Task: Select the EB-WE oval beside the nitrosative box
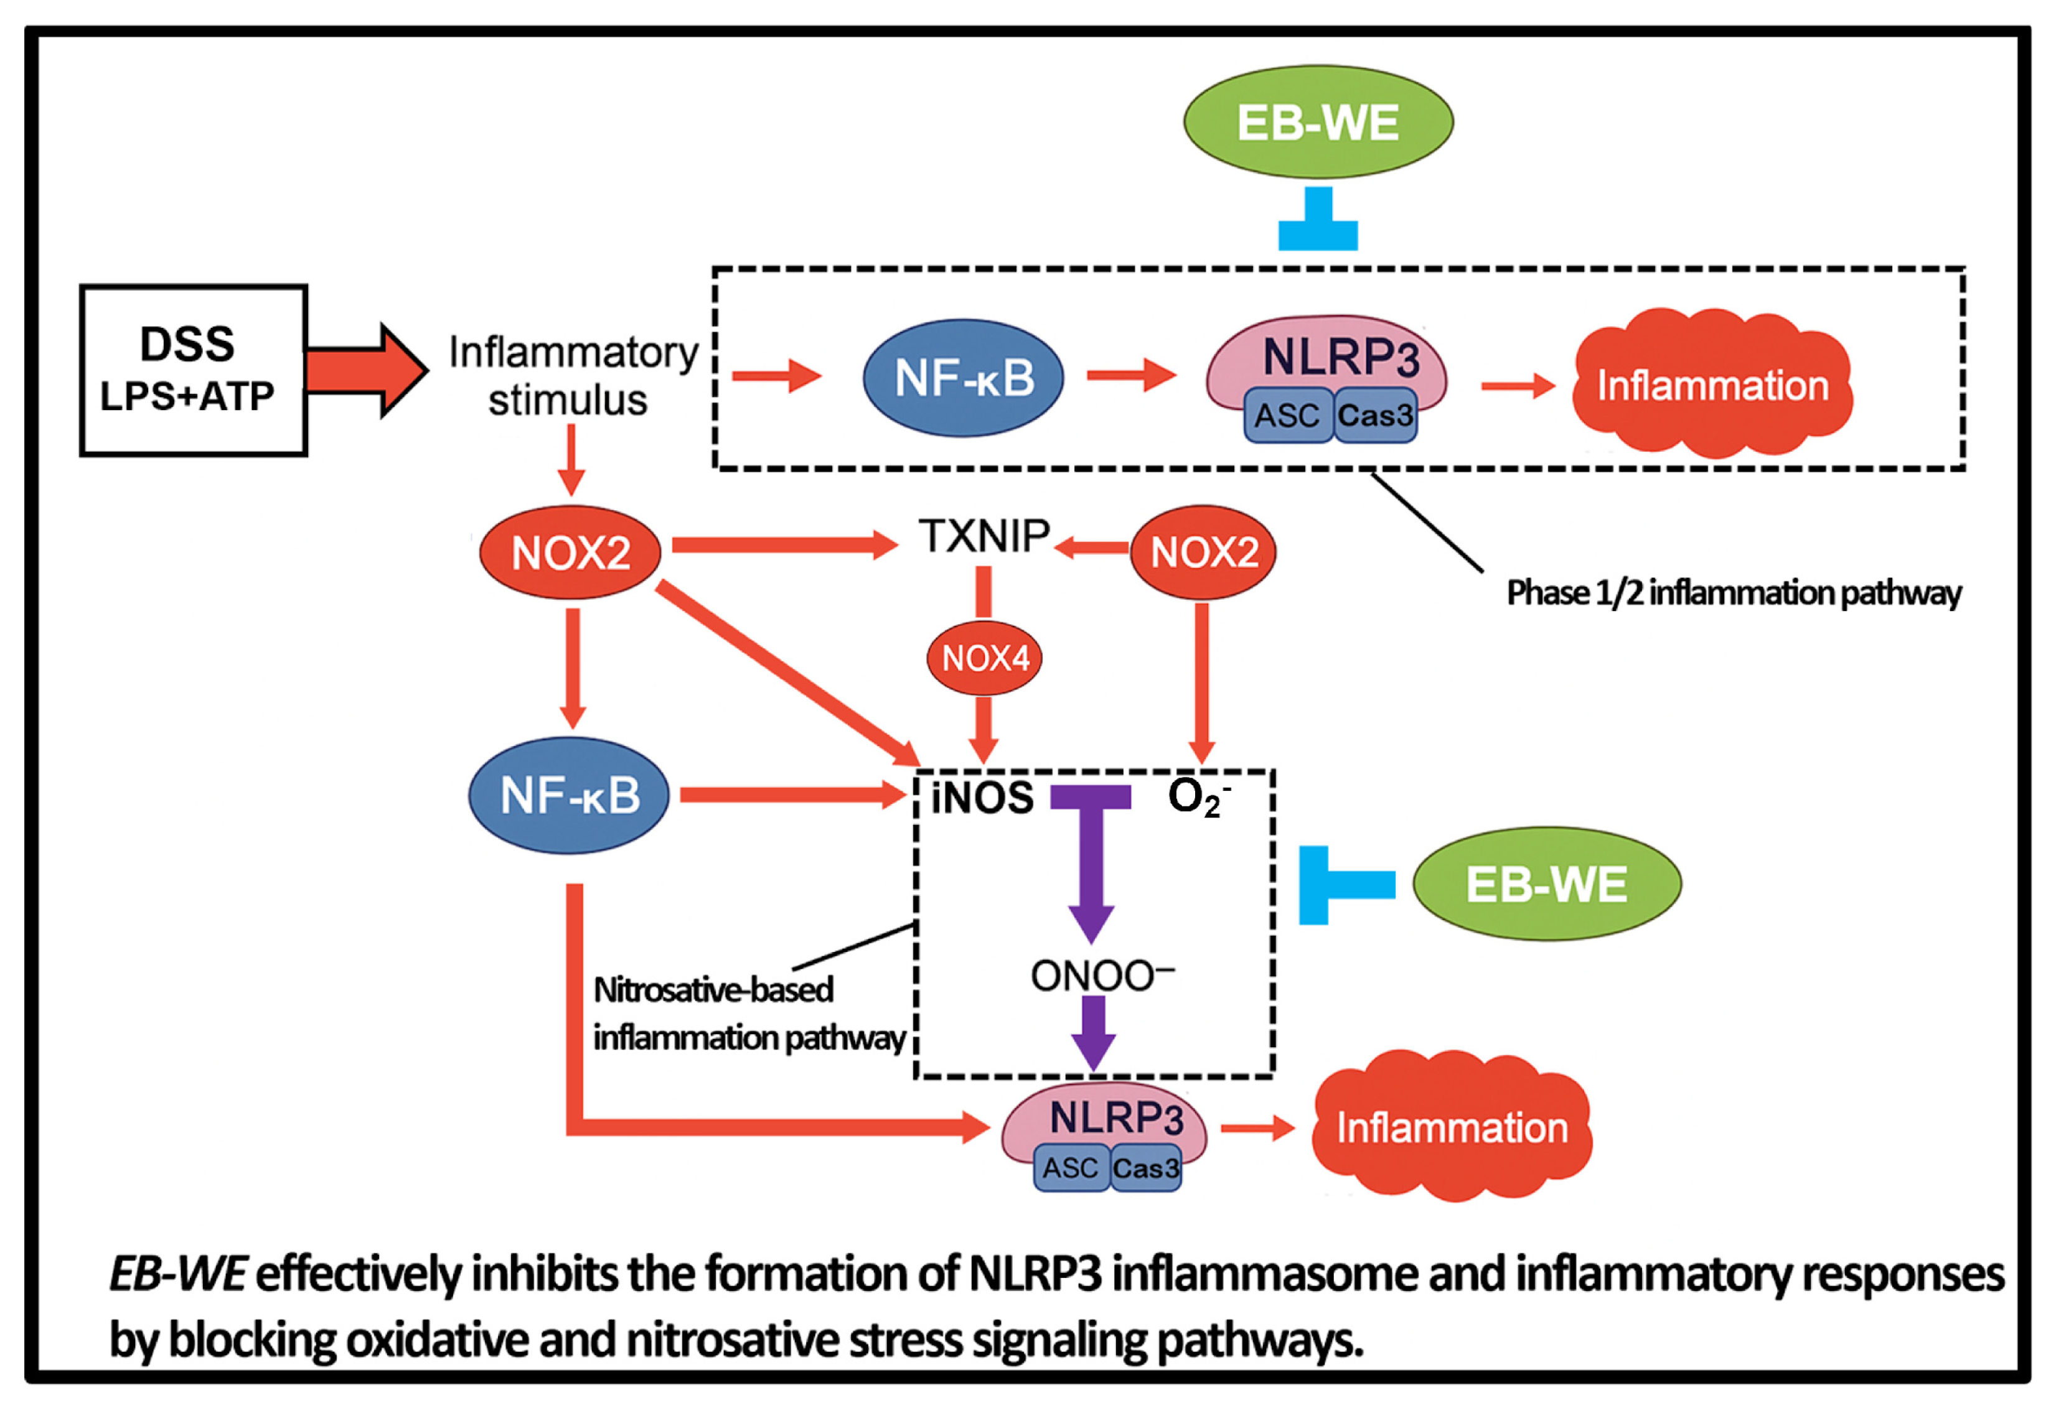click(1546, 883)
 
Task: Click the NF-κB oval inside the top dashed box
click(963, 378)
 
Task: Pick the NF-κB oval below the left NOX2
click(569, 795)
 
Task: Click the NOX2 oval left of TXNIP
click(570, 553)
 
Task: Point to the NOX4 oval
click(984, 658)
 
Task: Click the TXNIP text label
click(984, 536)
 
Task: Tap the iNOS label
click(982, 798)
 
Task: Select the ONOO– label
click(1101, 976)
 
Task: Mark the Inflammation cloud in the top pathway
click(1712, 385)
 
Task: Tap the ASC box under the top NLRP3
click(1287, 415)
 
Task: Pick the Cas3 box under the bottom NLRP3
click(1145, 1168)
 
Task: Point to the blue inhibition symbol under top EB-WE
click(1318, 221)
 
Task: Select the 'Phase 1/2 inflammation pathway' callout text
click(1734, 593)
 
